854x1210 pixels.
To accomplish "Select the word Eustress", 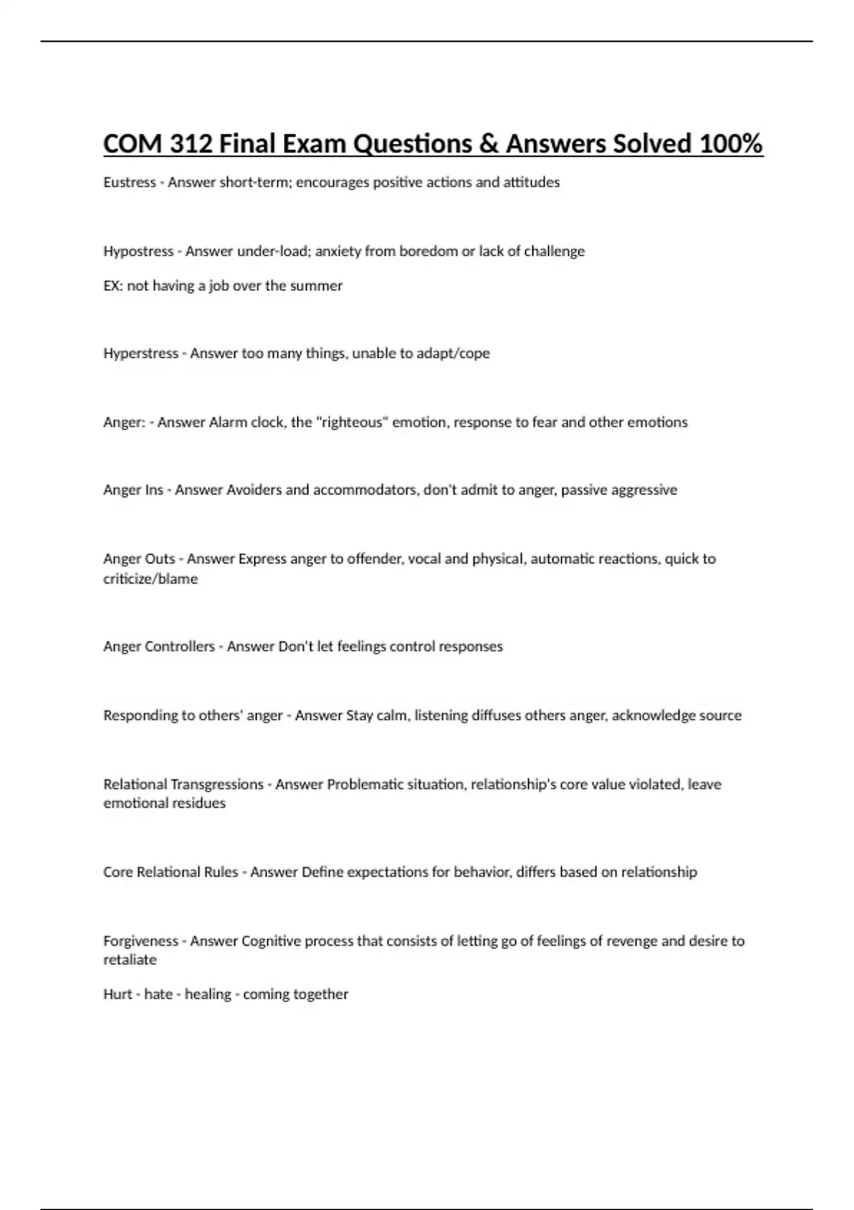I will tap(129, 182).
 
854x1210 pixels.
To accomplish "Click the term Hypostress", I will tap(138, 251).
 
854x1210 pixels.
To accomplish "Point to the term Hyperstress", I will tap(140, 353).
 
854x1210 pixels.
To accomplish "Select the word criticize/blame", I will tap(150, 579).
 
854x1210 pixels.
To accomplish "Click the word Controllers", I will tap(179, 646).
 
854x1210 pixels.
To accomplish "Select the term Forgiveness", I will tap(140, 941).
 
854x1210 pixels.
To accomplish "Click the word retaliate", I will tap(130, 959).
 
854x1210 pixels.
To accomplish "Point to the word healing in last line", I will tap(208, 994).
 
